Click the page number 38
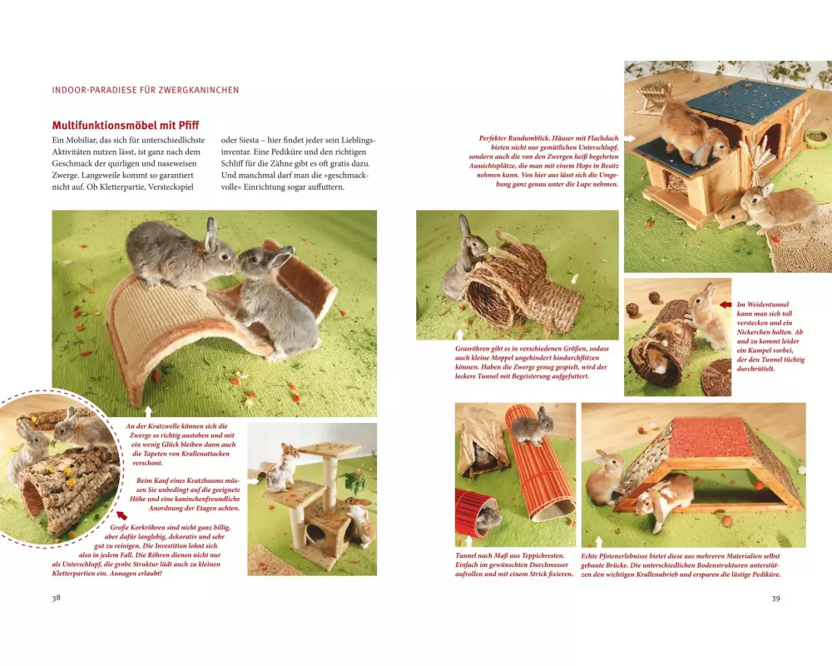tap(57, 598)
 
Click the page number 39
tap(775, 599)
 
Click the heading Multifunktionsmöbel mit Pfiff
tap(126, 126)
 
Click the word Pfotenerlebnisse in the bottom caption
tap(626, 556)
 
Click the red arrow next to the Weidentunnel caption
tap(726, 305)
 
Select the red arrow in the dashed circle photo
tap(121, 514)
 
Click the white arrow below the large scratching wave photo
tap(148, 411)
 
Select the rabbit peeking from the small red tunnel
tap(488, 516)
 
